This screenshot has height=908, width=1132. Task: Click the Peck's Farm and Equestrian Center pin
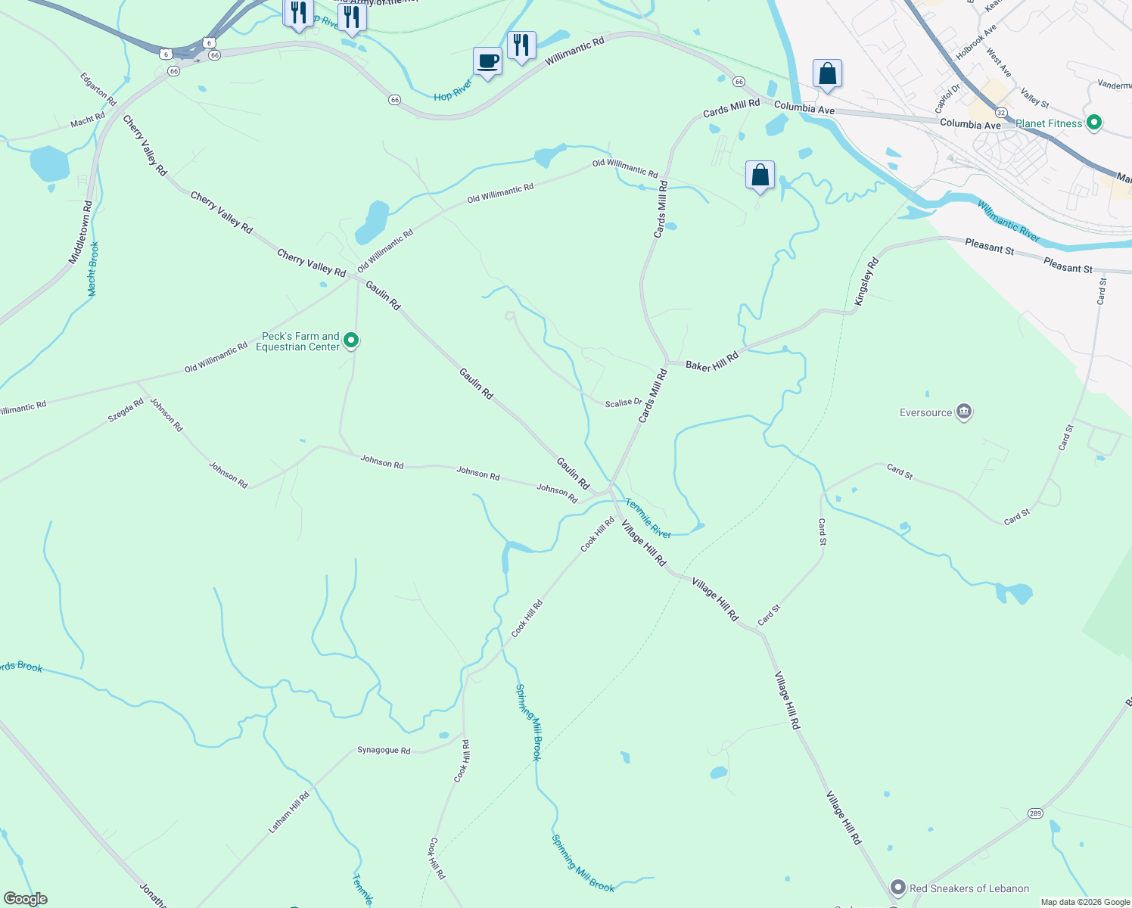(x=351, y=341)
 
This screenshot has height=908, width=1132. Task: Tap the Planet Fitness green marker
(x=1093, y=123)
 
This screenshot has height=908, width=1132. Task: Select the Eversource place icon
(x=964, y=412)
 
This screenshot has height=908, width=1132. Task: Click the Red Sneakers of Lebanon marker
(x=898, y=888)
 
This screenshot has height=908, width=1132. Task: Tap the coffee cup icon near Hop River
(x=487, y=61)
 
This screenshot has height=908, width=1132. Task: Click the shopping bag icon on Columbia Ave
(x=827, y=74)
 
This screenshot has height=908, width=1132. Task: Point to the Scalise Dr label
(x=624, y=403)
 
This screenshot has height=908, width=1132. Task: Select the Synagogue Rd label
(x=384, y=751)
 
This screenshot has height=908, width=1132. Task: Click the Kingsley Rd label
(x=867, y=281)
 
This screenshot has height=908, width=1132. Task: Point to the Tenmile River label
(x=648, y=518)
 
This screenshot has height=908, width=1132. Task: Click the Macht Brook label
(x=93, y=269)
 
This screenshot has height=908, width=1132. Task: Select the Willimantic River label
(x=1008, y=221)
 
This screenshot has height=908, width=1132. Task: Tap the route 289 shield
(x=1035, y=813)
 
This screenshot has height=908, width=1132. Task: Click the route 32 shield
(x=1001, y=112)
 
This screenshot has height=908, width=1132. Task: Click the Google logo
(x=26, y=899)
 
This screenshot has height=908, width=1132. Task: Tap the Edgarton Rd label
(x=98, y=89)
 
